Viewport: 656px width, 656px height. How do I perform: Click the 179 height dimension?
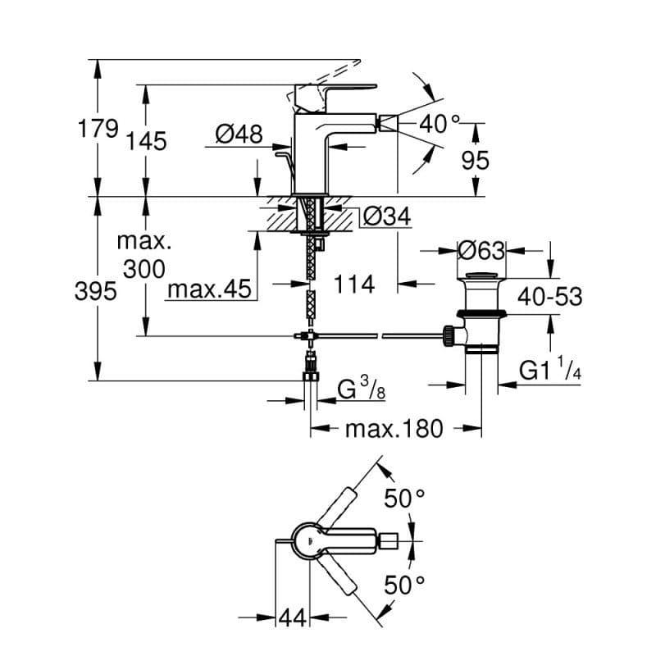coord(98,128)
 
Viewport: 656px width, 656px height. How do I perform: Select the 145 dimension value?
coord(146,140)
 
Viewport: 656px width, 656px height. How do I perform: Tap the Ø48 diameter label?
coord(239,134)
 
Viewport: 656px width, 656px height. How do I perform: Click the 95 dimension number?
coord(476,160)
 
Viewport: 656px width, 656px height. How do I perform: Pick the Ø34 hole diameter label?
coord(387,216)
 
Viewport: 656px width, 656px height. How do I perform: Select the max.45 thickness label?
coord(209,289)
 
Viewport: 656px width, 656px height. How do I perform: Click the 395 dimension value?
coord(95,291)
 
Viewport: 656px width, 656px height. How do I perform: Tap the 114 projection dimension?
coord(353,285)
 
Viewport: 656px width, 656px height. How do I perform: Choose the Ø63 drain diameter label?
coord(481,251)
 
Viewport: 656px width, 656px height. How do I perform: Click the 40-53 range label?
coord(549,297)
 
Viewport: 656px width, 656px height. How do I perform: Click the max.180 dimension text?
coord(394,428)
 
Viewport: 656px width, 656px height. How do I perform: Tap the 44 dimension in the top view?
coord(292,617)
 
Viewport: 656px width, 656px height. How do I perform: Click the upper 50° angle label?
coord(404,498)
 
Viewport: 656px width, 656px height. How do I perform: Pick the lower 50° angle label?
coord(404,585)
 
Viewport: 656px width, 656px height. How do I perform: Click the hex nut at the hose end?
coord(310,376)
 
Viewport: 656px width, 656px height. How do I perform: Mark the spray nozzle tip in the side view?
coord(387,124)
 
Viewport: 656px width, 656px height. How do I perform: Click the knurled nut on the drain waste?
coord(448,335)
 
